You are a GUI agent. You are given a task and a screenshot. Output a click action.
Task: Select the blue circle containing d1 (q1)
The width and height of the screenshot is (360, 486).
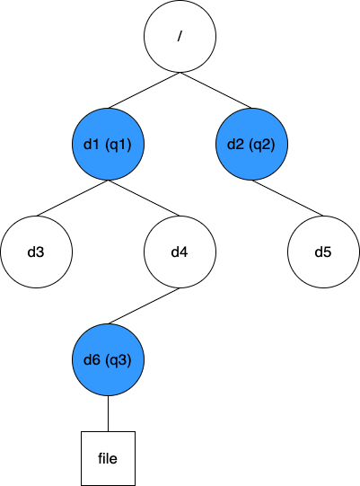(108, 144)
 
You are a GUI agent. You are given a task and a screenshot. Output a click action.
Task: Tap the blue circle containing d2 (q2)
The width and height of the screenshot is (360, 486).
(251, 144)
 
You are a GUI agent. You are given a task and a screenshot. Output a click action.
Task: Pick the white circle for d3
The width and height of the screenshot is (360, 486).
(36, 252)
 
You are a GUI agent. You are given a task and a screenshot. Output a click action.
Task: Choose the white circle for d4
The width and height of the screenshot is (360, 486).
(180, 252)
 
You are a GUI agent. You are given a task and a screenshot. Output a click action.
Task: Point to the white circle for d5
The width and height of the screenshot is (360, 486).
(323, 252)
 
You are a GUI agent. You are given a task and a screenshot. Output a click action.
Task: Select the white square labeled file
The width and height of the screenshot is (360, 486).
(108, 458)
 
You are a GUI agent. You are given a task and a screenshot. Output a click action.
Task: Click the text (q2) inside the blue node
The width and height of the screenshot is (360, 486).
(263, 144)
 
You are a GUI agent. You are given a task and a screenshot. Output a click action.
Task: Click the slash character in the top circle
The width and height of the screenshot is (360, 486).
(180, 36)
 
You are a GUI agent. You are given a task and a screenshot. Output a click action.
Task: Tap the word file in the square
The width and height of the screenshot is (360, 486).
(108, 458)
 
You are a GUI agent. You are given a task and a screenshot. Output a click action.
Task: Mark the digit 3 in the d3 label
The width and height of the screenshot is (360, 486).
(40, 252)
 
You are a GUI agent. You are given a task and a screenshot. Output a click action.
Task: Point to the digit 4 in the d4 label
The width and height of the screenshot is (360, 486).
(184, 252)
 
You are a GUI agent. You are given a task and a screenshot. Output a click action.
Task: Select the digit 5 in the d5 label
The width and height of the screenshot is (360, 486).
(328, 252)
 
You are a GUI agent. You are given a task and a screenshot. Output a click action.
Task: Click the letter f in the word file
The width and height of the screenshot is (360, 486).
(101, 458)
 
